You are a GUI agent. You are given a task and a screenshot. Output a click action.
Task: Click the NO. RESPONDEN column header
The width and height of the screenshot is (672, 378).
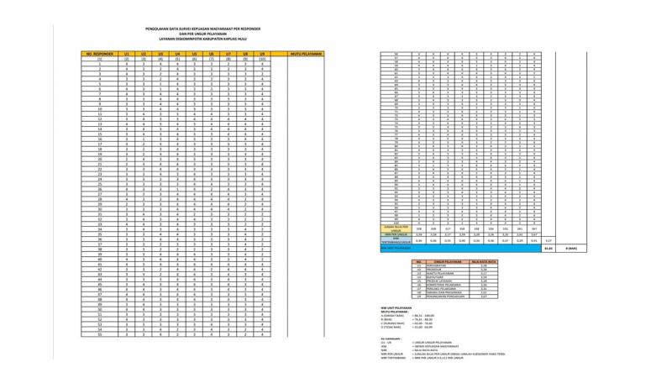pyautogui.click(x=99, y=53)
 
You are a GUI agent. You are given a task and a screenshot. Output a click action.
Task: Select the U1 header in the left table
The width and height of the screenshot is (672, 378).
pyautogui.click(x=126, y=53)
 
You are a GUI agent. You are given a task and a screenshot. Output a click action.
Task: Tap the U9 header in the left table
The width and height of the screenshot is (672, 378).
pyautogui.click(x=263, y=53)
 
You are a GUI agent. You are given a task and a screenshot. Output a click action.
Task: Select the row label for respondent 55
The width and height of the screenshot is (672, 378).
pyautogui.click(x=99, y=334)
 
